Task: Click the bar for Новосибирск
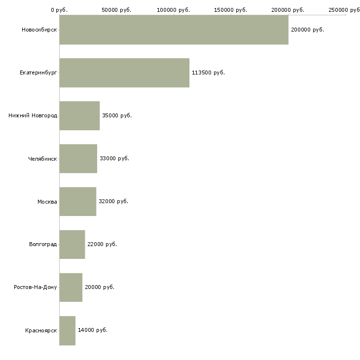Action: (x=174, y=30)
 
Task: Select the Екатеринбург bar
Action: (x=124, y=72)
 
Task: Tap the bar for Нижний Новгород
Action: (x=79, y=115)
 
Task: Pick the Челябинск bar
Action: (x=78, y=158)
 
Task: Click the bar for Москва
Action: (x=77, y=201)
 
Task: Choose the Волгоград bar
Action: (x=72, y=244)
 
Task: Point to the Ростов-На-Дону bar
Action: (x=71, y=287)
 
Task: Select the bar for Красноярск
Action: (x=67, y=330)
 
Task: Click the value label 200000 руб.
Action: (x=307, y=30)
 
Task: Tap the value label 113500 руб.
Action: (x=208, y=72)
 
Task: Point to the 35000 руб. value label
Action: (x=117, y=115)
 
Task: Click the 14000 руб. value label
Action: (x=93, y=330)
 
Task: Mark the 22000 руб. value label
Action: (x=102, y=244)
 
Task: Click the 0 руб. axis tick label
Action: (x=59, y=10)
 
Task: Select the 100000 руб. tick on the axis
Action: (x=174, y=10)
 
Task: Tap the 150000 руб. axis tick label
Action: (x=231, y=10)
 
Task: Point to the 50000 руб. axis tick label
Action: (x=116, y=10)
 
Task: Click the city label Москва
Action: (x=47, y=201)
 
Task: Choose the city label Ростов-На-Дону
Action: (x=36, y=287)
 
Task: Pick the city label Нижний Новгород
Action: (x=33, y=115)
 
